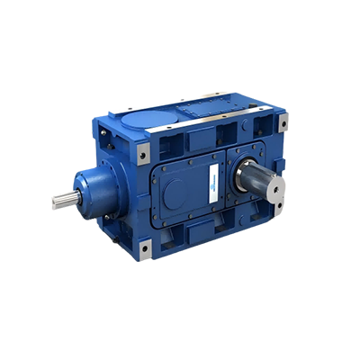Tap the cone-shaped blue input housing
90,190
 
